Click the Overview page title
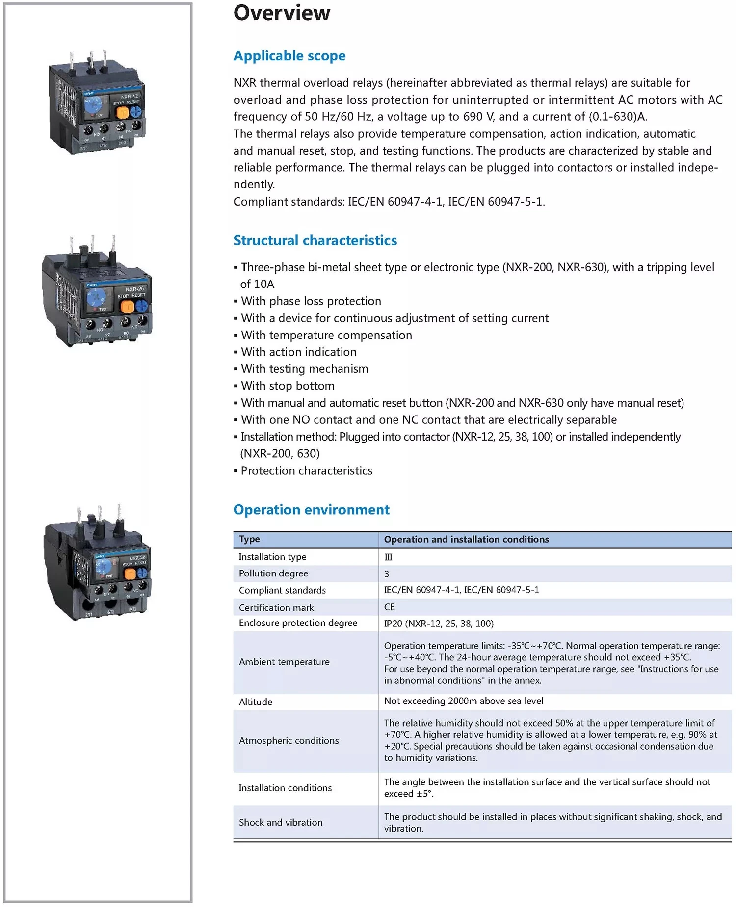click(x=282, y=13)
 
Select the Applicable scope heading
click(x=289, y=56)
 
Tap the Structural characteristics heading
click(x=315, y=240)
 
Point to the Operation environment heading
click(x=311, y=510)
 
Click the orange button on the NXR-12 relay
click(x=122, y=113)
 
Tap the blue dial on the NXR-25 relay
click(x=97, y=298)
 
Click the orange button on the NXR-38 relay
click(x=131, y=573)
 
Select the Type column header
click(x=249, y=539)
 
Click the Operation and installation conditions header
click(x=466, y=539)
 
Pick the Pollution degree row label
click(x=273, y=573)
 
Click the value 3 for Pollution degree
click(x=387, y=574)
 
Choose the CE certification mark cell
click(x=390, y=607)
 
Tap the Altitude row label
click(x=255, y=702)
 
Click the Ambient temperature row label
click(x=284, y=662)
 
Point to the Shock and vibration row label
click(x=281, y=823)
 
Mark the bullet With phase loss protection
click(x=311, y=301)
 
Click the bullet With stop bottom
click(x=288, y=386)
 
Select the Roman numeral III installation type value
click(x=389, y=557)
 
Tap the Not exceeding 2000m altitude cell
click(x=464, y=701)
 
